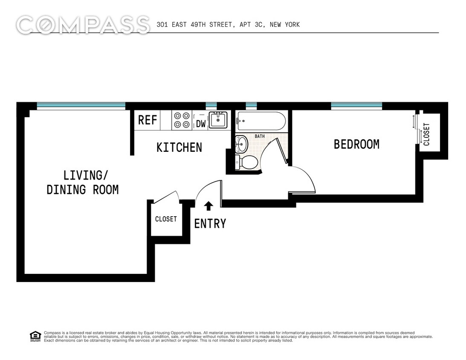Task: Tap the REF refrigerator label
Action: [x=148, y=120]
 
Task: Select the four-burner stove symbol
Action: [x=181, y=120]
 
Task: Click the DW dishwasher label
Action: [x=200, y=124]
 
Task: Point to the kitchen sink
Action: [x=219, y=119]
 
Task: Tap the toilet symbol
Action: [x=246, y=162]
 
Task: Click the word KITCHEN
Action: [x=179, y=148]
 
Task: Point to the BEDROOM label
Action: [x=356, y=145]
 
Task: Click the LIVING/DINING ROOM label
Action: [x=82, y=182]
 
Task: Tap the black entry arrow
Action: [x=208, y=206]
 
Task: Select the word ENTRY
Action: [x=210, y=224]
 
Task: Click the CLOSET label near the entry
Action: [x=166, y=219]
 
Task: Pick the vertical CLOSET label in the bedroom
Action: [x=427, y=134]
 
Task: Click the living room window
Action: [x=81, y=105]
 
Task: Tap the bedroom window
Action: [x=356, y=105]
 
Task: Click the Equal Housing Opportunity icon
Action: [x=35, y=336]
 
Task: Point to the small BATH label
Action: [x=260, y=136]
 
